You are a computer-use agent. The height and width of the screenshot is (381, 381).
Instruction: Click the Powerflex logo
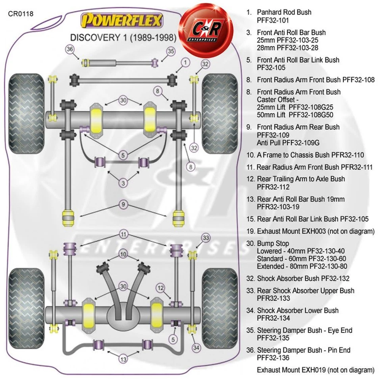[121, 20]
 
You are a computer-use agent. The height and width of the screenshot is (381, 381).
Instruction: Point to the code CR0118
[21, 13]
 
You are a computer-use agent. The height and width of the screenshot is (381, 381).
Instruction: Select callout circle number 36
[70, 49]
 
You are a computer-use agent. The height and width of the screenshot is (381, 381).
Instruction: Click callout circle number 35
[171, 51]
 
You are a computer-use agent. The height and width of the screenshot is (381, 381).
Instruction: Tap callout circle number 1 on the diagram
[185, 62]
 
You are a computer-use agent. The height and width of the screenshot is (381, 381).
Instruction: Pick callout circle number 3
[123, 183]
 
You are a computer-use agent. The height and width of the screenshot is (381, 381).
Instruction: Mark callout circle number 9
[123, 205]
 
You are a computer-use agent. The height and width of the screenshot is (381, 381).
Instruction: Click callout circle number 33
[205, 238]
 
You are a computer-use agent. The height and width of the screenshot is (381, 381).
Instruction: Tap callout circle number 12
[161, 287]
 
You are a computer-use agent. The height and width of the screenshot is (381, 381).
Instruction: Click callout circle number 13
[123, 360]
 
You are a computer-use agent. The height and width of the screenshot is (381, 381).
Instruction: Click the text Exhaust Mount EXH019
[291, 370]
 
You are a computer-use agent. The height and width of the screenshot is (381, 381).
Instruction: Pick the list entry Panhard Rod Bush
[284, 12]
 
